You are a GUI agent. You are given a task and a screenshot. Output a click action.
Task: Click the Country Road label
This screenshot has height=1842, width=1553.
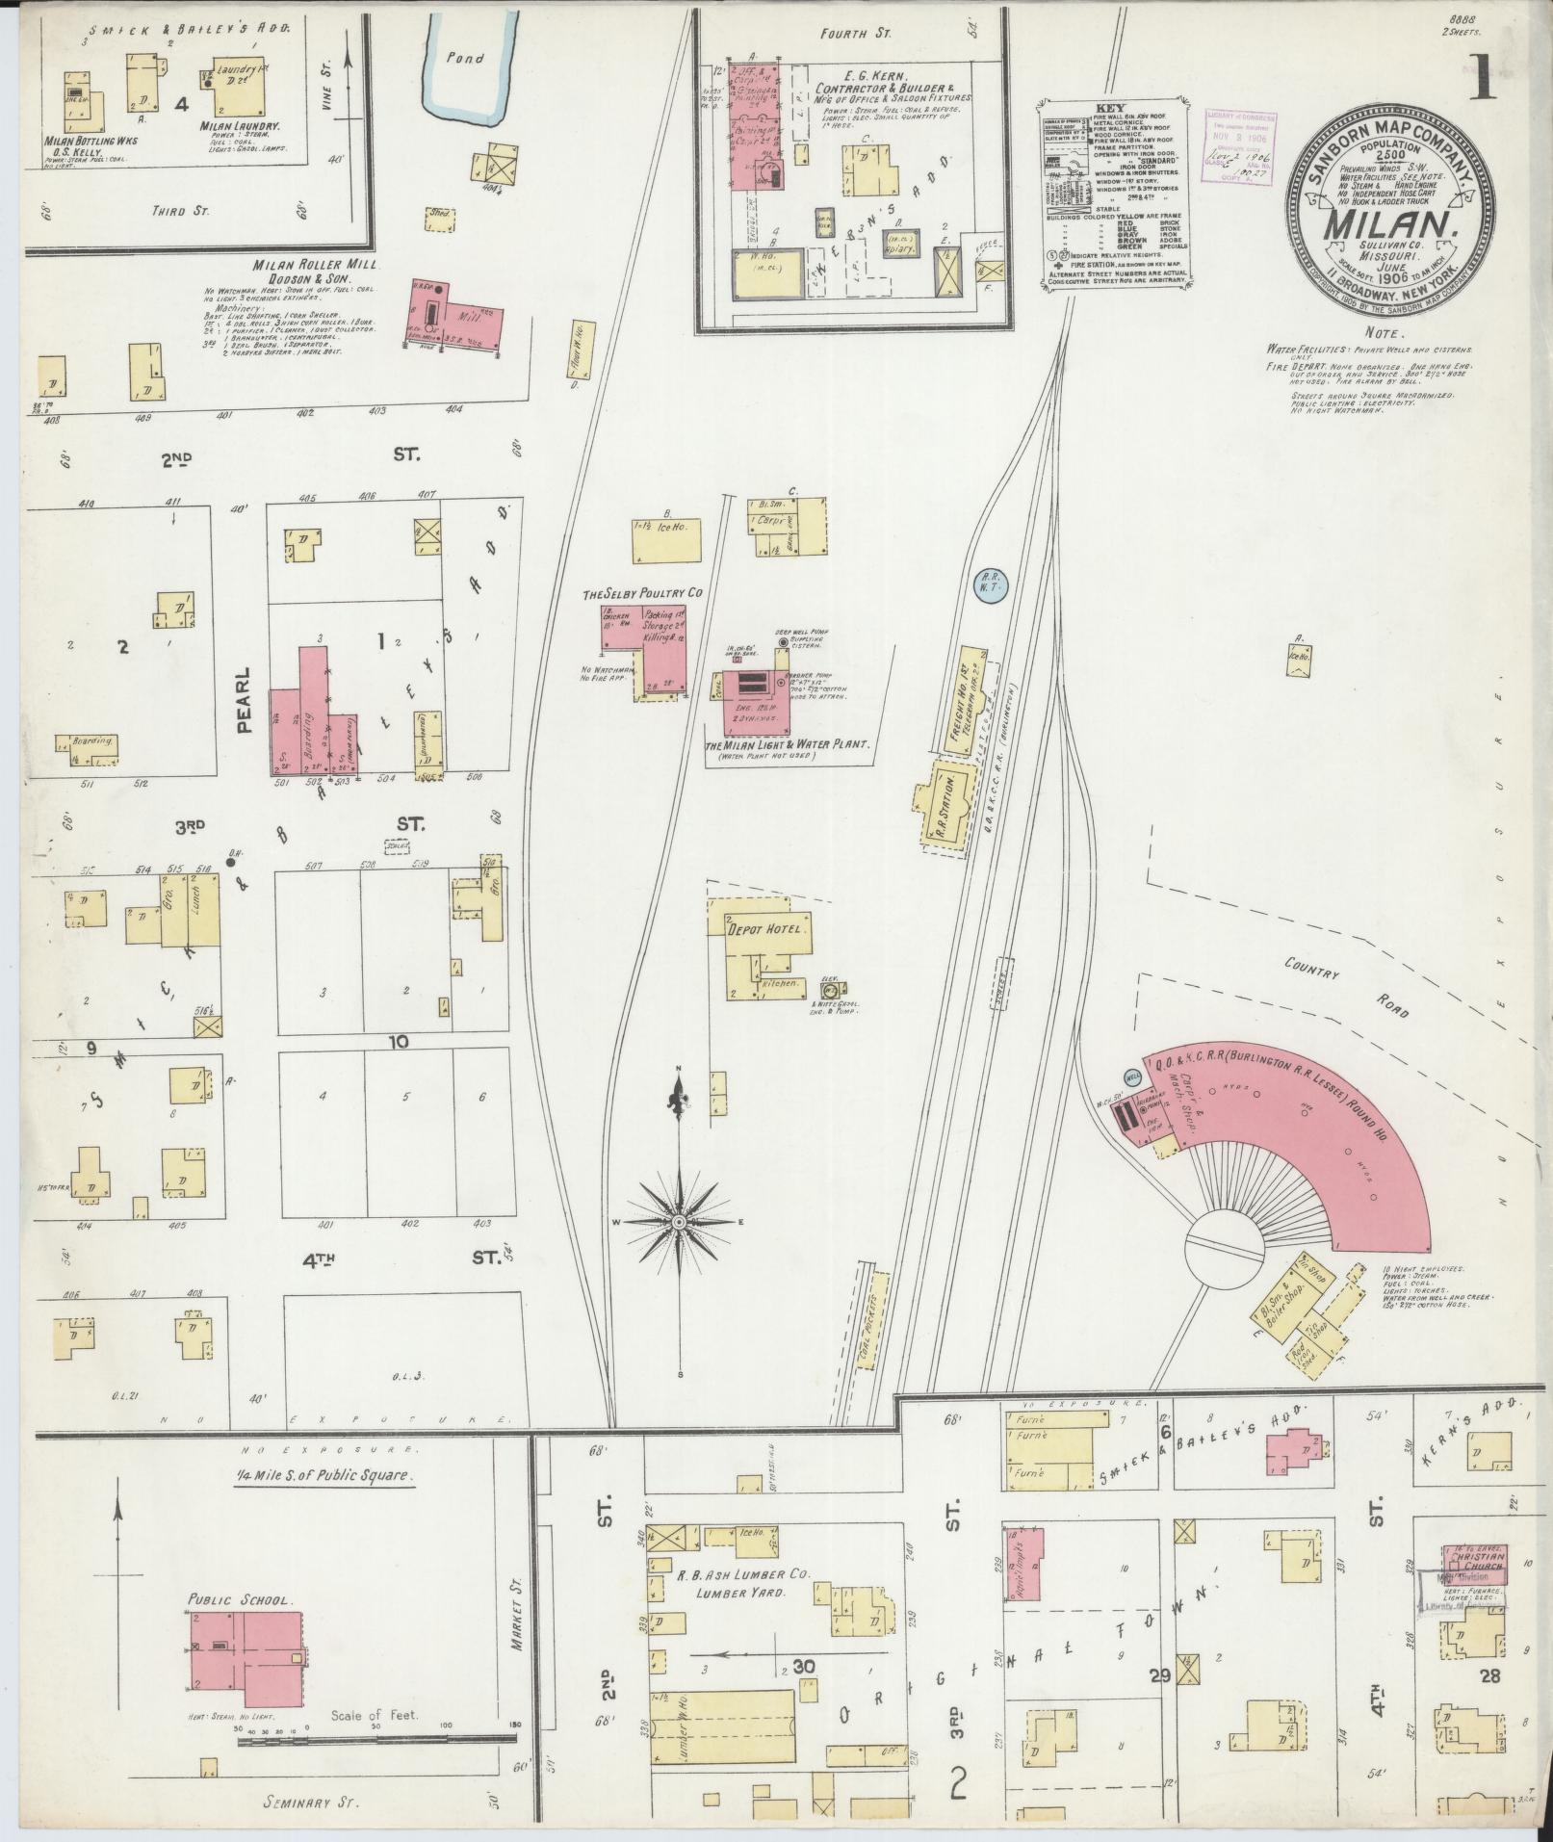(1346, 987)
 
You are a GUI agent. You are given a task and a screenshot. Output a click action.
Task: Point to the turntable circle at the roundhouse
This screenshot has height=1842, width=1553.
(1223, 1251)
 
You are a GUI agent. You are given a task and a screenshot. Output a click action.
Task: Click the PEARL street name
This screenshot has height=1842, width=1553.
(243, 700)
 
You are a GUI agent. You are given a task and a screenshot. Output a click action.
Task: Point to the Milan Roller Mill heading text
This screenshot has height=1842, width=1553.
(302, 265)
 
